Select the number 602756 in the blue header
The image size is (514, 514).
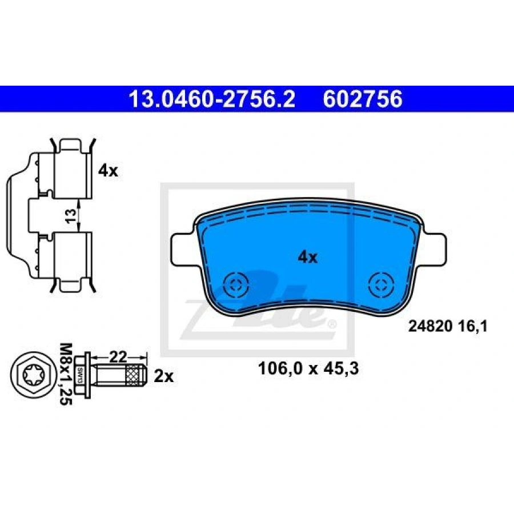pos(363,100)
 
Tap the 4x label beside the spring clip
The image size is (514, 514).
pos(107,170)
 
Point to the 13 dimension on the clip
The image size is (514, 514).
pos(70,216)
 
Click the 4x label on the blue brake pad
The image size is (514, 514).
pos(307,257)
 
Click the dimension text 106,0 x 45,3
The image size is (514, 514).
pos(308,369)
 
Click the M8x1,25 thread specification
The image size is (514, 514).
pos(67,374)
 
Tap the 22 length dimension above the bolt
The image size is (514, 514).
pos(118,357)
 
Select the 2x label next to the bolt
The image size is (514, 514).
pos(164,376)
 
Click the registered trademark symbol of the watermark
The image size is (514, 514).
pos(332,324)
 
